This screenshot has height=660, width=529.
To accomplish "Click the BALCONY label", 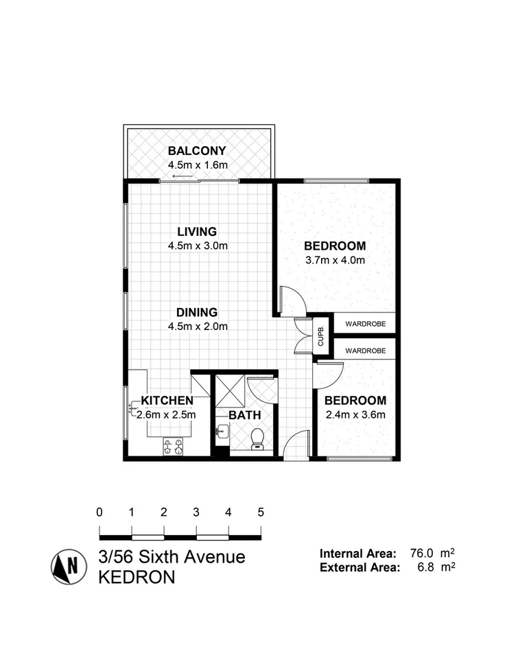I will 197,151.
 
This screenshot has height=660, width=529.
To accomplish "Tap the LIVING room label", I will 197,231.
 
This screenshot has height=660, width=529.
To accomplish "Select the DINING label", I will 197,311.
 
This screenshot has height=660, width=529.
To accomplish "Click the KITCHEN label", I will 167,401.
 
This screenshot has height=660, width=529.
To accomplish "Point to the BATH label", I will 244,415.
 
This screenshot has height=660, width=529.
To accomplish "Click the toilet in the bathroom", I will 258,438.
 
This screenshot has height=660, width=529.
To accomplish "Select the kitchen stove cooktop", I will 172,447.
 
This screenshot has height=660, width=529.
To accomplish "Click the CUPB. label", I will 320,336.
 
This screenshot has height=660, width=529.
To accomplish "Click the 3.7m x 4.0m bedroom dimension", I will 335,260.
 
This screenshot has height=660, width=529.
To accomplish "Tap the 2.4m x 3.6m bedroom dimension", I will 355,414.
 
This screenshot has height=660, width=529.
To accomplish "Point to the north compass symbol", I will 68,567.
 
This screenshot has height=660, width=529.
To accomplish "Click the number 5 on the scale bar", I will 261,512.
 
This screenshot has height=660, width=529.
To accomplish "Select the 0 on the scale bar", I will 100,512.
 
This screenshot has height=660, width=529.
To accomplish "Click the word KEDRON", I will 137,577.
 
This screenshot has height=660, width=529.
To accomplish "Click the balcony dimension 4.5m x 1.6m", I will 197,165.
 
